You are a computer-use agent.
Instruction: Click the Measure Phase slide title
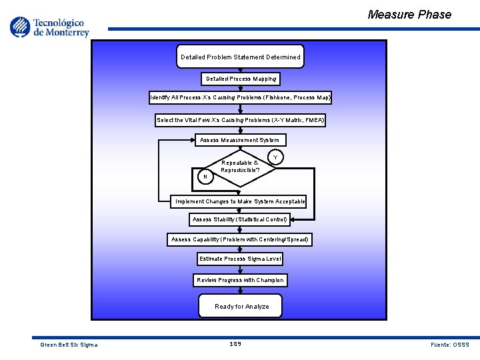(x=409, y=15)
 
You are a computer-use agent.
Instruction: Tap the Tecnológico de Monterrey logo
(x=49, y=27)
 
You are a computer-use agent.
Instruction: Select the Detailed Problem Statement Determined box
(x=241, y=57)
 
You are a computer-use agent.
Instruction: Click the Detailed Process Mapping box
(x=241, y=79)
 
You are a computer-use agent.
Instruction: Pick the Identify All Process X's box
(x=241, y=97)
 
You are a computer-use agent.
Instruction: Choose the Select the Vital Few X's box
(x=241, y=120)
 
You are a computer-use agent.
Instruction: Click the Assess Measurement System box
(x=241, y=140)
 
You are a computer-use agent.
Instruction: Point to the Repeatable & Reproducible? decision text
(x=240, y=166)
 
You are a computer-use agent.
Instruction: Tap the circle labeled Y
(x=275, y=158)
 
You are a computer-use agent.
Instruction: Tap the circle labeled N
(x=205, y=177)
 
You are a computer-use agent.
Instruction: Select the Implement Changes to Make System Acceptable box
(x=240, y=201)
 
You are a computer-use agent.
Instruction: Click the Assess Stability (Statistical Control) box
(x=240, y=219)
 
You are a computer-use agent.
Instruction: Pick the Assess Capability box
(x=240, y=239)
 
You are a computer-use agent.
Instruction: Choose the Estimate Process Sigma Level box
(x=240, y=259)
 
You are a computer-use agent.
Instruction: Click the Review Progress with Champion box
(x=241, y=280)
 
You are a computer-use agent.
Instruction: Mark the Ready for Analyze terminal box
(x=241, y=306)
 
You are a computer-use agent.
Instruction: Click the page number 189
(x=235, y=344)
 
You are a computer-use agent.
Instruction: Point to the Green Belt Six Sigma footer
(x=69, y=345)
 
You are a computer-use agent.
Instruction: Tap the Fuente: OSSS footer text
(x=450, y=345)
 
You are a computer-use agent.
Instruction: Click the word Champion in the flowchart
(x=270, y=280)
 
